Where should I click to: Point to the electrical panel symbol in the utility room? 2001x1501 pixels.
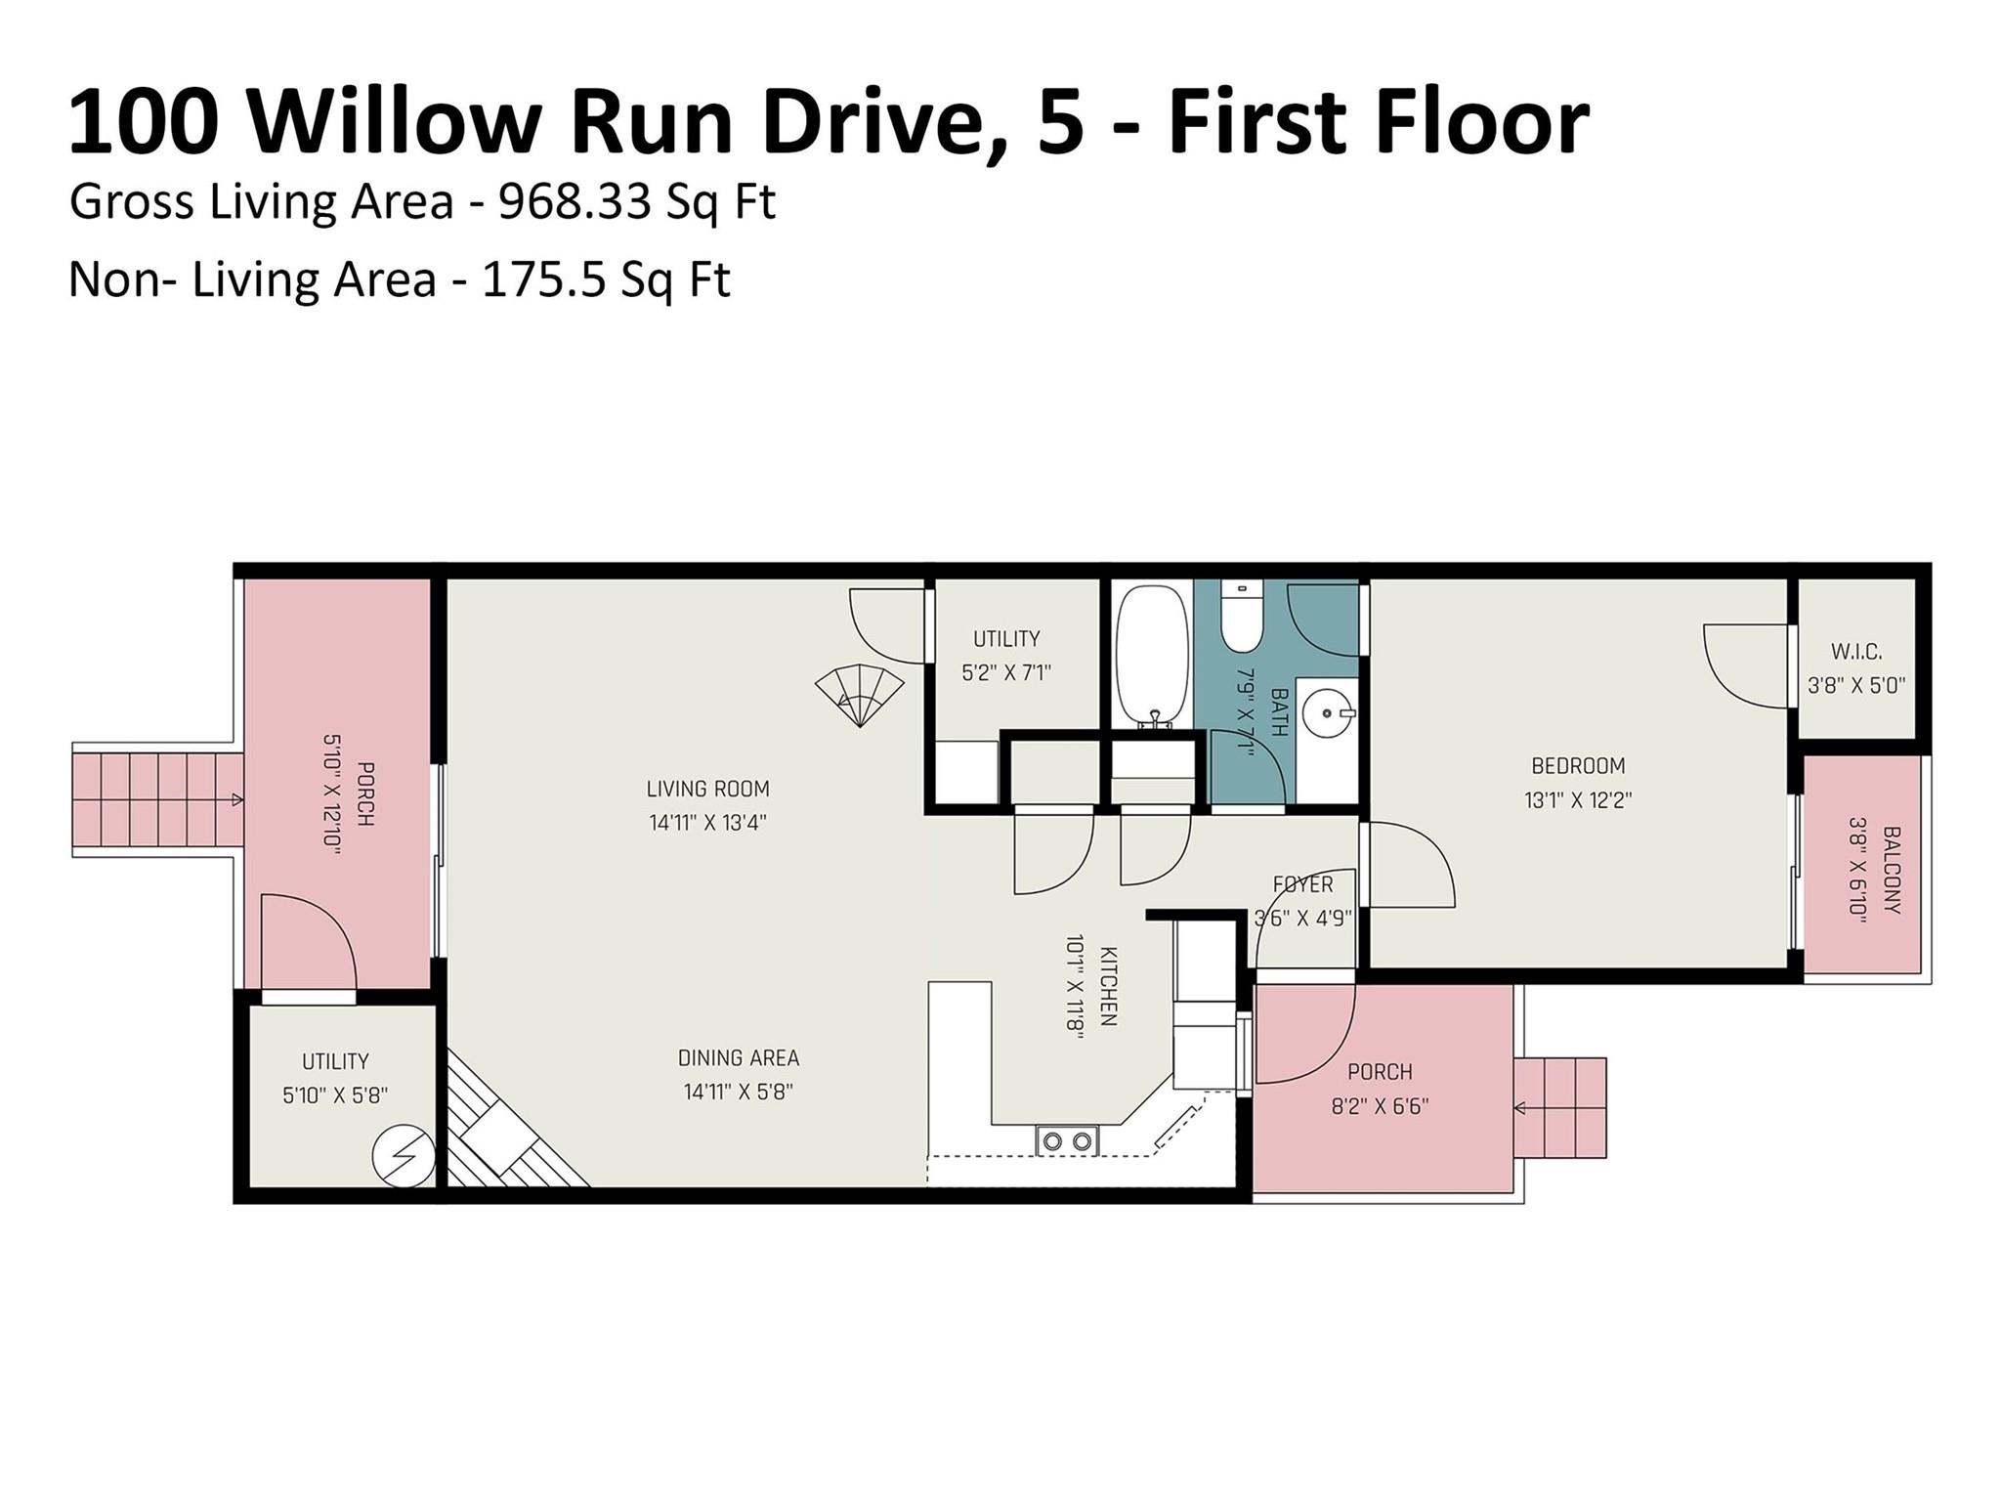pos(404,1156)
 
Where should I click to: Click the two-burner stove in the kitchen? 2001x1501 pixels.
pos(1067,1140)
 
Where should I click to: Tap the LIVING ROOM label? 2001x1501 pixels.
pos(707,789)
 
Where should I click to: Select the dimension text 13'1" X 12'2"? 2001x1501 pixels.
pos(1577,800)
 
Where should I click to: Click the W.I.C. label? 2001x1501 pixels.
pos(1855,652)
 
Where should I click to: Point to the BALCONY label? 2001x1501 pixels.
pos(1891,870)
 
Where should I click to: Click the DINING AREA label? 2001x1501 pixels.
pos(738,1057)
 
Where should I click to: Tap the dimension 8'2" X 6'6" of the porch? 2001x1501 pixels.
pos(1380,1106)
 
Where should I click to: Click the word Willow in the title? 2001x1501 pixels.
pos(391,122)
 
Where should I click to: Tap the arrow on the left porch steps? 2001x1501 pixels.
pos(235,800)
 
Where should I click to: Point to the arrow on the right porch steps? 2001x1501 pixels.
pos(1520,1108)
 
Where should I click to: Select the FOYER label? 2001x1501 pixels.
pos(1302,884)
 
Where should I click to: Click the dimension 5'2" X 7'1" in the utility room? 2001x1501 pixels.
pos(1005,673)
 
